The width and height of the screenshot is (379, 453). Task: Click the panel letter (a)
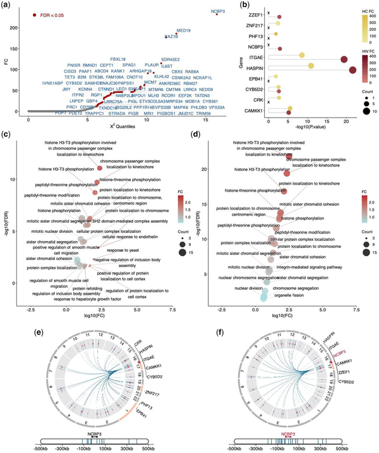pos(7,5)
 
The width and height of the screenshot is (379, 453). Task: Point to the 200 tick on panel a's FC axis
pos(17,27)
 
